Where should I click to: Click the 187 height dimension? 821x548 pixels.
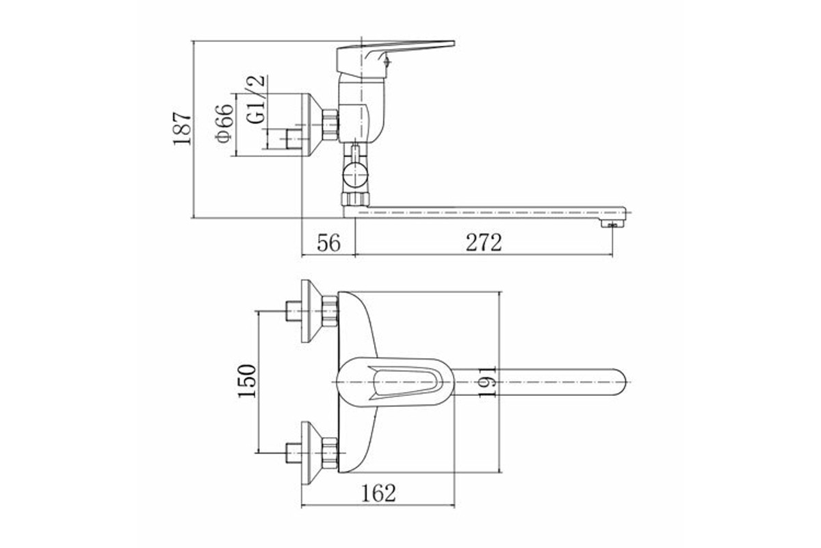pyautogui.click(x=183, y=128)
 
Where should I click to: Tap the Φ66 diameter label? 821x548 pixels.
pyautogui.click(x=224, y=123)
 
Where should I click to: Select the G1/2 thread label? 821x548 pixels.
pyautogui.click(x=256, y=99)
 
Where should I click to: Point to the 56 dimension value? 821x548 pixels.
pyautogui.click(x=329, y=242)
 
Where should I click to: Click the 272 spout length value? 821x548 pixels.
pyautogui.click(x=484, y=242)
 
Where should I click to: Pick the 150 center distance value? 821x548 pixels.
pyautogui.click(x=247, y=381)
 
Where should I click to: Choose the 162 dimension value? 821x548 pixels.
pyautogui.click(x=378, y=494)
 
